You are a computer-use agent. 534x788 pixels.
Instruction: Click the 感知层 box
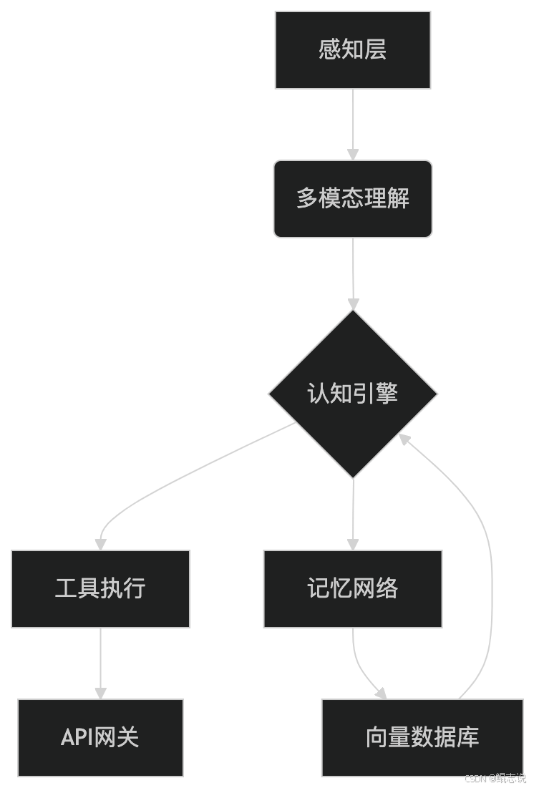tap(352, 50)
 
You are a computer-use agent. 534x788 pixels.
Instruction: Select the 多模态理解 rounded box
tap(352, 198)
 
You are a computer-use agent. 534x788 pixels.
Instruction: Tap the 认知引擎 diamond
tap(352, 394)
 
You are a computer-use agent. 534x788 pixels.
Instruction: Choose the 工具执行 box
tap(100, 589)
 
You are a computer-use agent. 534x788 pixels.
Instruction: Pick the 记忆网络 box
tap(352, 589)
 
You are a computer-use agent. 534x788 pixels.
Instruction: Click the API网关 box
tap(100, 737)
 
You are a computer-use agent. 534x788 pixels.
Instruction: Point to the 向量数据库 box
tap(422, 737)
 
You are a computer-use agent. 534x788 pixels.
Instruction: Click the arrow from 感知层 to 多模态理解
tap(352, 122)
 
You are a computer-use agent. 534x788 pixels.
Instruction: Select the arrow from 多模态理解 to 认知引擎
tap(352, 272)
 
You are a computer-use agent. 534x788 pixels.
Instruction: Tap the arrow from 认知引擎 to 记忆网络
tap(352, 512)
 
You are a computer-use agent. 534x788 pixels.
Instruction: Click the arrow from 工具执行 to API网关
tap(100, 662)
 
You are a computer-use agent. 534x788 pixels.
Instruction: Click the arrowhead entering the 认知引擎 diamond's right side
tap(404, 439)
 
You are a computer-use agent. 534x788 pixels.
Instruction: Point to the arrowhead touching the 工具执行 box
tap(100, 544)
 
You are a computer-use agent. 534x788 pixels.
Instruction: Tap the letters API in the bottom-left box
tap(77, 737)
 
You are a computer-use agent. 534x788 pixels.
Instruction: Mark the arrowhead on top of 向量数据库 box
tap(381, 694)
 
